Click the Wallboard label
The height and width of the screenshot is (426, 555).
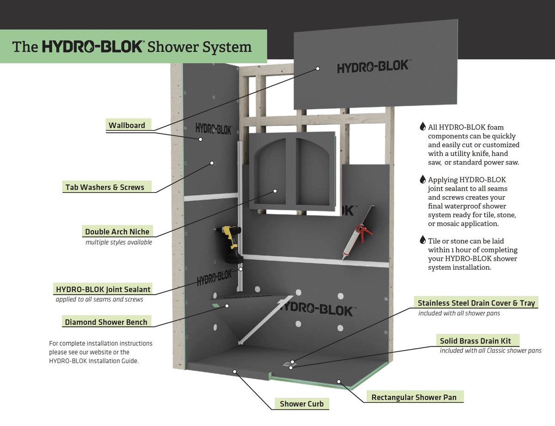pos(127,125)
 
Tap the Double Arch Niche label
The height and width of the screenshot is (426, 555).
pos(117,232)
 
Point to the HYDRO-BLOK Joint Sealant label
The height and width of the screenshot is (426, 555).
pos(103,290)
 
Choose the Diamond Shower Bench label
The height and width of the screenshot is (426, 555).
pos(106,322)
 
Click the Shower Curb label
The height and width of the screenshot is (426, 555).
pos(302,404)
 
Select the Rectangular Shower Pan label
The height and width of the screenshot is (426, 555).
pos(413,397)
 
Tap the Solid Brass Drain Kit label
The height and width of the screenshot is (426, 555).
pos(475,341)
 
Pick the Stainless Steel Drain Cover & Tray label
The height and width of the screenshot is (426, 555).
pos(476,303)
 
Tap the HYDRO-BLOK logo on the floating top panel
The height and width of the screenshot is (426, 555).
pos(372,67)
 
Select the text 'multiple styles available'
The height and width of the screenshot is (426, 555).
pos(118,242)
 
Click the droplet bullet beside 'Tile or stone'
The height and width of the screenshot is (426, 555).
pos(422,240)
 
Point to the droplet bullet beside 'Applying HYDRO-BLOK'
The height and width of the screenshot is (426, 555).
pos(422,179)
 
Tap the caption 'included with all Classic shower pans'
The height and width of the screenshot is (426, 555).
pos(490,351)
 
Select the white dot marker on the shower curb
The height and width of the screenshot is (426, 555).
pos(235,370)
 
